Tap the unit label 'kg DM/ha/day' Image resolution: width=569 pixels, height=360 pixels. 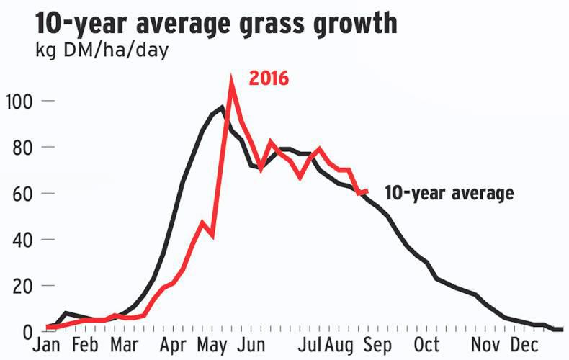[101, 52]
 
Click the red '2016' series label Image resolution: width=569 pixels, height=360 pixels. [269, 78]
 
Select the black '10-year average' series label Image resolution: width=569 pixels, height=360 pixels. [449, 193]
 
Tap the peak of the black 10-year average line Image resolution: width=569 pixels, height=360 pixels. [223, 107]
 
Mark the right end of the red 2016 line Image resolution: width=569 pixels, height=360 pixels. [367, 191]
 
